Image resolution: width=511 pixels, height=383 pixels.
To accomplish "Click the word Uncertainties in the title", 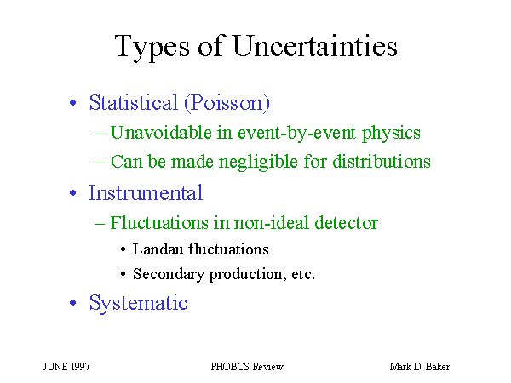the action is [315, 46].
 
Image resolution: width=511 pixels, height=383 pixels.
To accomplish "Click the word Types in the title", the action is [152, 48].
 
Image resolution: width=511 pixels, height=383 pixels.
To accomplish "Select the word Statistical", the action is [134, 102].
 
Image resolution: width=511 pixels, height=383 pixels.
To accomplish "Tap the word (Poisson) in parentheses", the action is [227, 103].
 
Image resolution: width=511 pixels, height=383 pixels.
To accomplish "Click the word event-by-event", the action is [297, 133].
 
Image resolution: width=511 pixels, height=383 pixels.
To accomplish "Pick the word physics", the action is [392, 134].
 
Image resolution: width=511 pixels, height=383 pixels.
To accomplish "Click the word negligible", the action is [258, 162].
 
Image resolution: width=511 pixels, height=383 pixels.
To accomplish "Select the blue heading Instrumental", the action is [146, 192].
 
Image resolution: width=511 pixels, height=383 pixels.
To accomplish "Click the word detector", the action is [346, 223].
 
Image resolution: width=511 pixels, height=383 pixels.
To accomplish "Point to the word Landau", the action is [158, 249].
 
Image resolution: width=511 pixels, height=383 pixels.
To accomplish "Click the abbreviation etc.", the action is [303, 274].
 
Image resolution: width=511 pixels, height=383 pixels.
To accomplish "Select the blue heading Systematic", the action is [139, 303].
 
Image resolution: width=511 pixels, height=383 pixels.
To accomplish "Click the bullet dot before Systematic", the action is [73, 303].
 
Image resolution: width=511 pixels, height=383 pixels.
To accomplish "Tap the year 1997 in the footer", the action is [80, 367].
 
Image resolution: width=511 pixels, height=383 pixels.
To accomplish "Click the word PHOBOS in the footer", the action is [231, 367].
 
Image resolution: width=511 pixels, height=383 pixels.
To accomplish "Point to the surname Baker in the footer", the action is [438, 367].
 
